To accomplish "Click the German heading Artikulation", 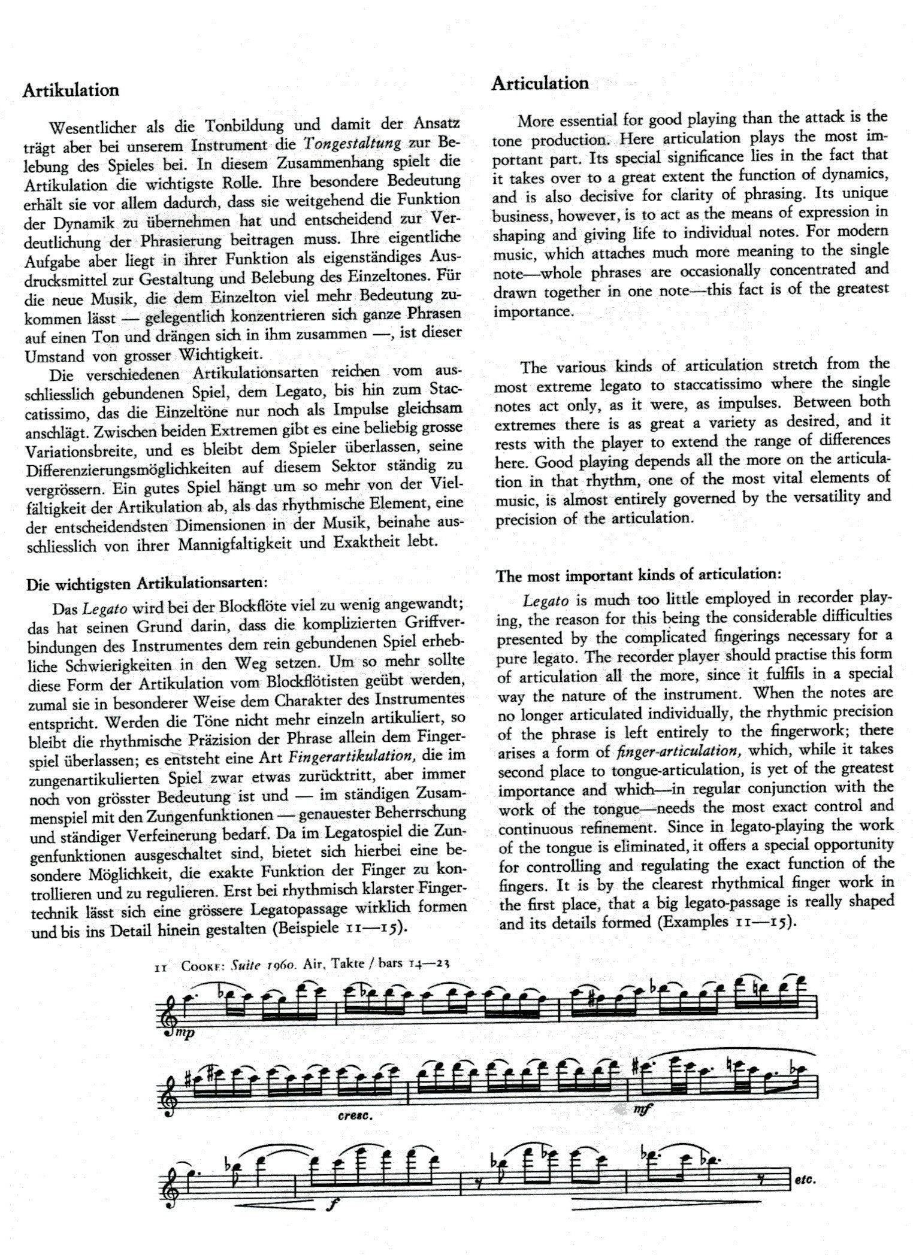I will (x=71, y=90).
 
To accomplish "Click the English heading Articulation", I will (x=540, y=83).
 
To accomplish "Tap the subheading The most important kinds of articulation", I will (x=639, y=575).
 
